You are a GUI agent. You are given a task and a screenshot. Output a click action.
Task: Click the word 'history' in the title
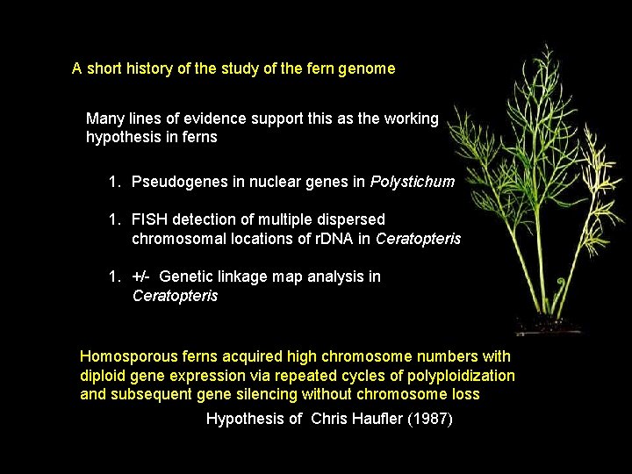[x=147, y=68]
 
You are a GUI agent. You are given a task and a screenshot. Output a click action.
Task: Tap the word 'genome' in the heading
[x=369, y=68]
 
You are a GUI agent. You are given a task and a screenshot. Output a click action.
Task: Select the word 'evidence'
[x=212, y=118]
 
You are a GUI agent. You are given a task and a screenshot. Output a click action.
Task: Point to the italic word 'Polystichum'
[x=413, y=182]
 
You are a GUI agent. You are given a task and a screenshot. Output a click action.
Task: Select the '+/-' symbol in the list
[x=141, y=276]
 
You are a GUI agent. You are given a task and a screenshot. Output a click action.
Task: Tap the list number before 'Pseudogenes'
[x=114, y=182]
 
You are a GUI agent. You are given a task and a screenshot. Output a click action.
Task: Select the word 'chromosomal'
[x=174, y=239]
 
